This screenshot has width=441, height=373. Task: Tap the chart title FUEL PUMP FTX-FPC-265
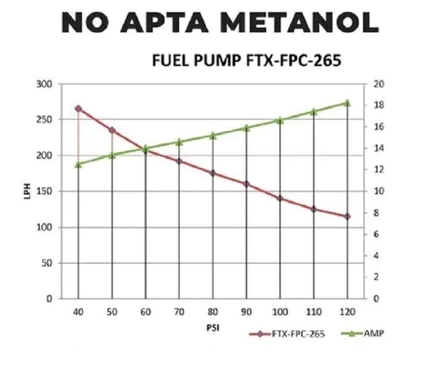(x=246, y=60)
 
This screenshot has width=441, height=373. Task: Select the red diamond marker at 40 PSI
(x=78, y=109)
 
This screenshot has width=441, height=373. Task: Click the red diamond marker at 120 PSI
(x=347, y=216)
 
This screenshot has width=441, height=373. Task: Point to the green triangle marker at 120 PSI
(x=347, y=103)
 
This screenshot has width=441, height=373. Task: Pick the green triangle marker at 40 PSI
(x=78, y=164)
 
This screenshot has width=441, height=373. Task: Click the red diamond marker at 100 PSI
(x=280, y=199)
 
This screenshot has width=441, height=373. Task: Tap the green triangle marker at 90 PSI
(x=246, y=128)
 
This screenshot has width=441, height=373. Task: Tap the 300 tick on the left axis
(x=45, y=84)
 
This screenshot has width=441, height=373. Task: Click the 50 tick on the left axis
(x=47, y=263)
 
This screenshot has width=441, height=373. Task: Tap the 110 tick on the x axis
(x=314, y=312)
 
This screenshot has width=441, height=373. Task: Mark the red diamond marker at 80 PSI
(x=213, y=173)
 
